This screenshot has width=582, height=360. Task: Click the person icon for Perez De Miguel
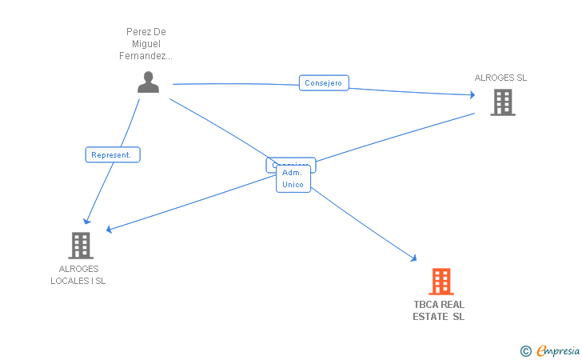click(x=148, y=83)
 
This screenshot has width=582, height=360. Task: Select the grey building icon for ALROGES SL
click(x=502, y=102)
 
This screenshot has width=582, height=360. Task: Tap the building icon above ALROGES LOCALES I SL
click(x=80, y=245)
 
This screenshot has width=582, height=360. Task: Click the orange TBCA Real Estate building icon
click(x=440, y=282)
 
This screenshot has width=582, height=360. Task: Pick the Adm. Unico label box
click(x=293, y=178)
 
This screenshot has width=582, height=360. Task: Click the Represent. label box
click(x=113, y=155)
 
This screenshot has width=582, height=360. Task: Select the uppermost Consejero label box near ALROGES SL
click(x=324, y=82)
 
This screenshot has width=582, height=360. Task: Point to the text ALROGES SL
click(x=500, y=78)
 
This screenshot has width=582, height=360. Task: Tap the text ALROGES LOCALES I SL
click(x=78, y=275)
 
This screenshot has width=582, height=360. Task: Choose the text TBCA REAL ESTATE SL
click(x=439, y=310)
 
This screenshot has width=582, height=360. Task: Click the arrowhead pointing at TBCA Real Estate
click(x=414, y=258)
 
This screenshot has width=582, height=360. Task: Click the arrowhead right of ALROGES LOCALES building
click(x=109, y=230)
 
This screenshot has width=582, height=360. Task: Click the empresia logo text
click(x=557, y=350)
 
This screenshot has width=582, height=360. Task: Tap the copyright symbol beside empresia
click(x=525, y=350)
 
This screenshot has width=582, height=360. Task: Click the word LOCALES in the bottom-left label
click(x=66, y=281)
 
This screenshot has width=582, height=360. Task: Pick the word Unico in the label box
click(x=293, y=185)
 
